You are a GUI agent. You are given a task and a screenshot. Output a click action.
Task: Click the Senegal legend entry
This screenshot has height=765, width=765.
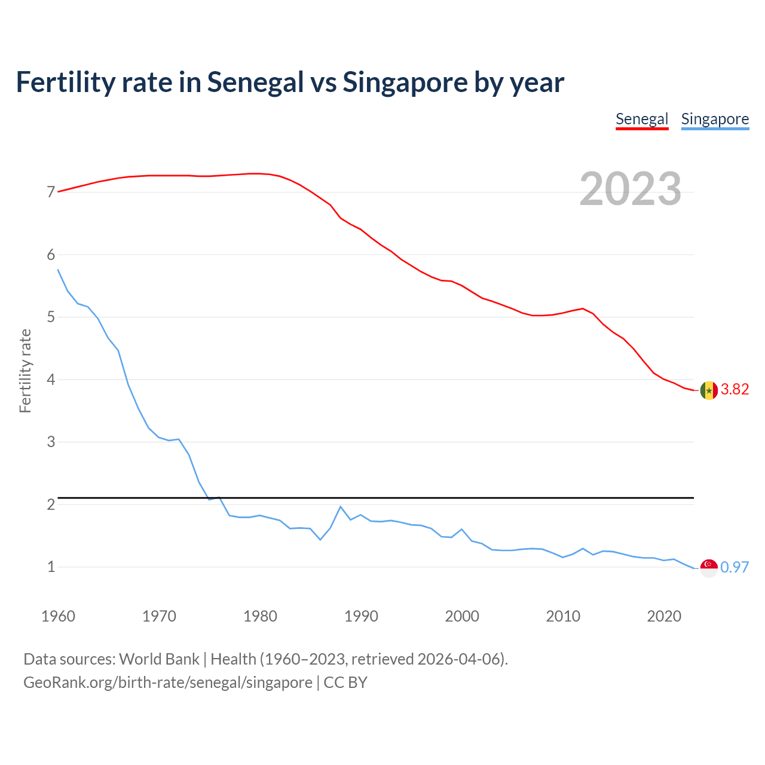[642, 119]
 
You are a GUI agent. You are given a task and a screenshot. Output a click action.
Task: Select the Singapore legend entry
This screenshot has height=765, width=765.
[715, 119]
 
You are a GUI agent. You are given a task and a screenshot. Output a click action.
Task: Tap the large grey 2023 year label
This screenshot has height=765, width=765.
[631, 189]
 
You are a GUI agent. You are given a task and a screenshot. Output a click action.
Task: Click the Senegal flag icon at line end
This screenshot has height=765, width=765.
[709, 390]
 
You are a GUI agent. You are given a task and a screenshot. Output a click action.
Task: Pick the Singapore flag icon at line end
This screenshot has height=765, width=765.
[709, 568]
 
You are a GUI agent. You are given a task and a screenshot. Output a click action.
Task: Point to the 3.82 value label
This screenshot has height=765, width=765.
[735, 390]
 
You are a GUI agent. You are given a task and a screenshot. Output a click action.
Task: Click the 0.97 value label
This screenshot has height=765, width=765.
[735, 568]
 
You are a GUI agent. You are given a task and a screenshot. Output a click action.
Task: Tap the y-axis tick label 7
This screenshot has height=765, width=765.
[51, 192]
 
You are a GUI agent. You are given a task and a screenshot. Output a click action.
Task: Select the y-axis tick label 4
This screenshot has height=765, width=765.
[51, 380]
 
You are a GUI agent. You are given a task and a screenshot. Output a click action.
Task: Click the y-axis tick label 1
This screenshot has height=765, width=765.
[51, 567]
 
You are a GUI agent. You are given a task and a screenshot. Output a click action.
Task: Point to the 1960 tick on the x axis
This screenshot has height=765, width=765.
[58, 616]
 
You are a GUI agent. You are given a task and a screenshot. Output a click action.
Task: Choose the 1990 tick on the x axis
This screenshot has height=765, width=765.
[361, 616]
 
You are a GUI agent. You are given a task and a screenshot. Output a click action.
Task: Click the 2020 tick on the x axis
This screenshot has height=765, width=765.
[664, 616]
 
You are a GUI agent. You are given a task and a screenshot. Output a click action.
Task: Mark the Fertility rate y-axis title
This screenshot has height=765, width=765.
[25, 371]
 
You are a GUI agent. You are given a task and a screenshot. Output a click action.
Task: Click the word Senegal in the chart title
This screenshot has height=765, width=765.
[255, 82]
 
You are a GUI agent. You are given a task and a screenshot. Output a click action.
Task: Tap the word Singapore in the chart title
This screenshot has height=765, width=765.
[405, 82]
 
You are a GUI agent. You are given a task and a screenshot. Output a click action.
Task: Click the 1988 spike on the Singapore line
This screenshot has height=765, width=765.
[341, 507]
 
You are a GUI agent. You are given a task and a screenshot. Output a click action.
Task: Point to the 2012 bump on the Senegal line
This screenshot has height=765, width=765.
[583, 308]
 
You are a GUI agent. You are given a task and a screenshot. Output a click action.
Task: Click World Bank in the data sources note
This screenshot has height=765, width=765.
[159, 659]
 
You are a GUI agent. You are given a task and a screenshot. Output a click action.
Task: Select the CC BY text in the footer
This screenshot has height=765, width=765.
[345, 683]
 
